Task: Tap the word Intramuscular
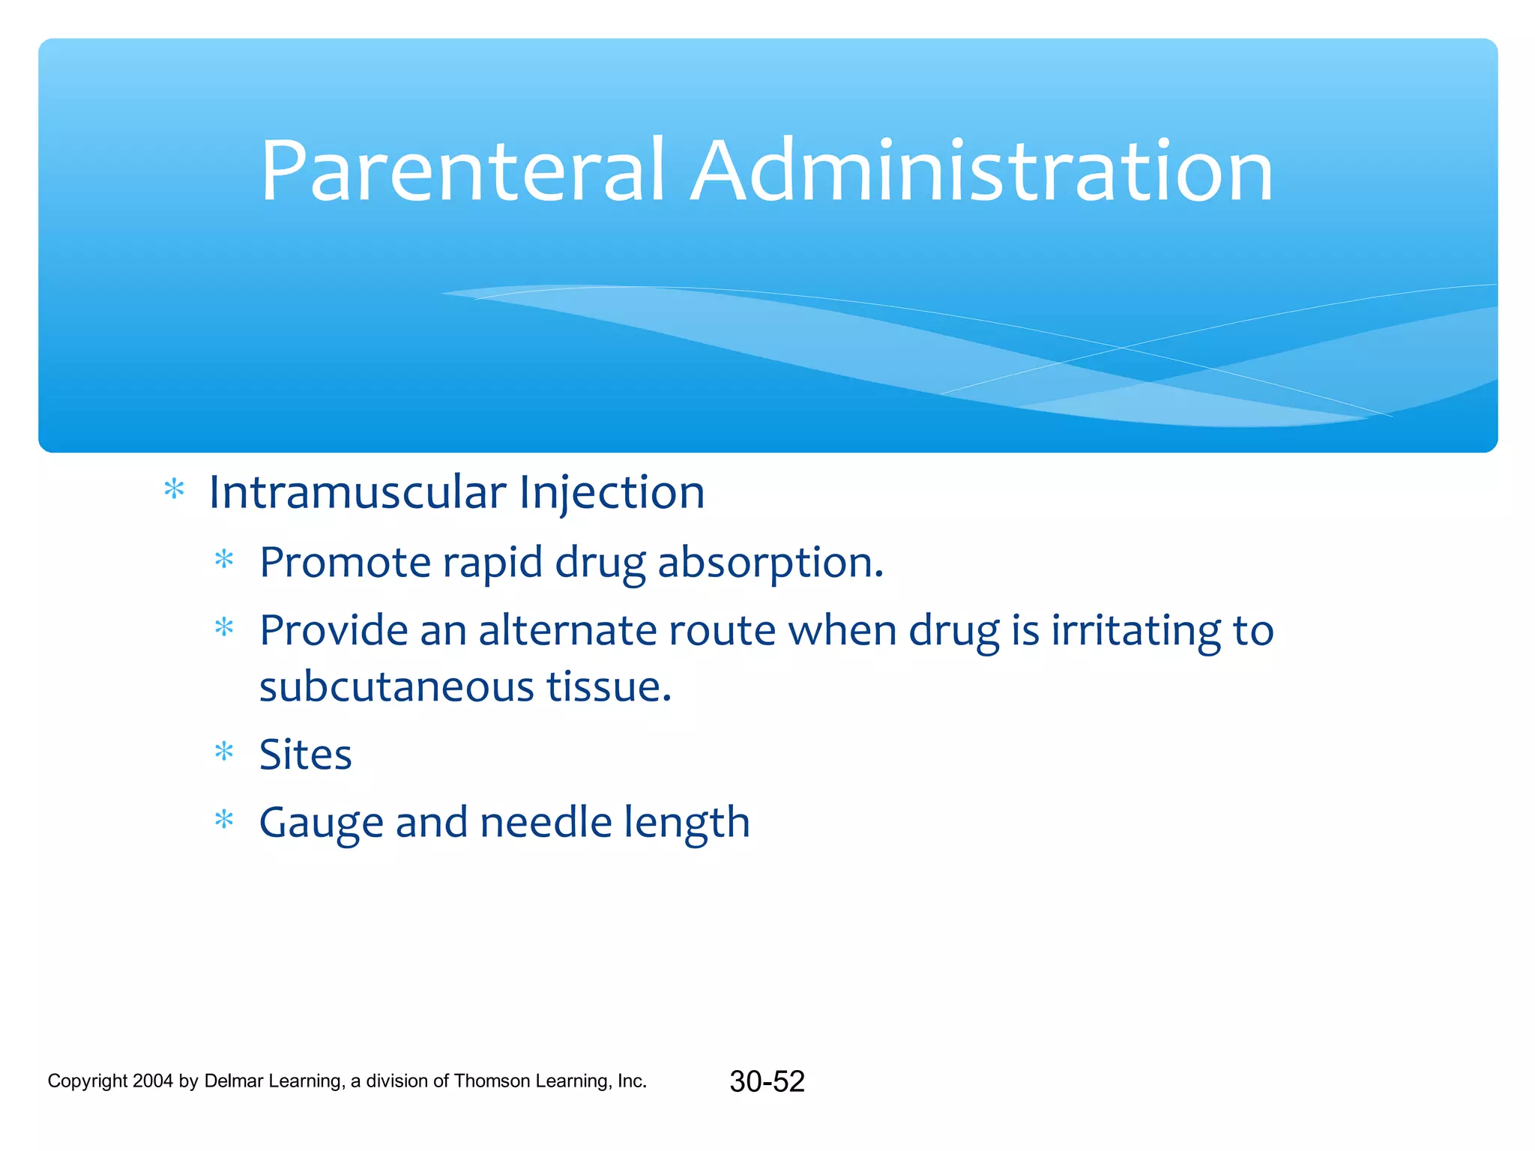click(x=358, y=492)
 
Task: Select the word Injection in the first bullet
click(x=612, y=494)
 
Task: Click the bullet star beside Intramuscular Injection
click(x=174, y=490)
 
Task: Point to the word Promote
click(x=345, y=563)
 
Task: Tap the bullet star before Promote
click(x=224, y=560)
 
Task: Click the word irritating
click(x=1136, y=630)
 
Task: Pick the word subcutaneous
click(x=396, y=686)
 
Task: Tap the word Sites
click(x=305, y=755)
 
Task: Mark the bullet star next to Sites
click(x=224, y=751)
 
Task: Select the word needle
click(x=546, y=822)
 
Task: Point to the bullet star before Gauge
click(x=224, y=820)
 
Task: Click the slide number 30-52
click(x=767, y=1081)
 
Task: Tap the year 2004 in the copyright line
click(x=152, y=1081)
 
